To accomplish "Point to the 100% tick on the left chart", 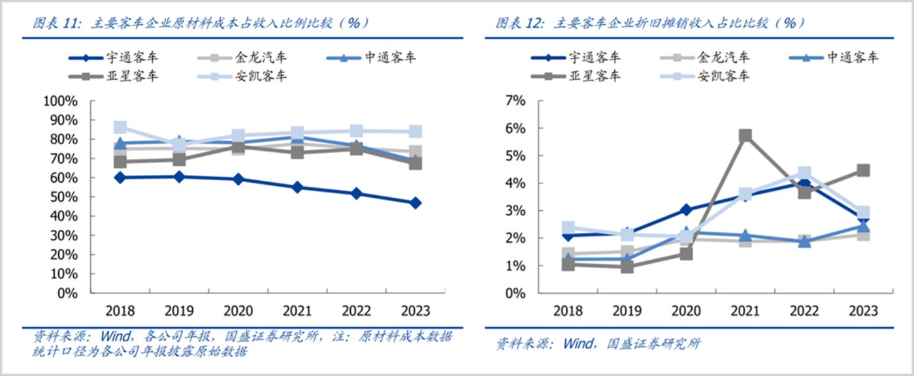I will click(60, 101).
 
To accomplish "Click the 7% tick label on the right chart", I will click(514, 101).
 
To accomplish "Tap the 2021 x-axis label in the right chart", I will click(745, 311).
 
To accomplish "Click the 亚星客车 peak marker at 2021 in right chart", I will click(745, 136).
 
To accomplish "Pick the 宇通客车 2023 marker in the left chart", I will click(416, 203).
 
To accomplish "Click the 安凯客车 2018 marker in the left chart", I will click(120, 127).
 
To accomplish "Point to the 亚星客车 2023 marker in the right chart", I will click(863, 170).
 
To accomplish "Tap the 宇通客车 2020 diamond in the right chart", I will click(686, 210).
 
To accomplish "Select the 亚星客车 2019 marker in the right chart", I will click(627, 266).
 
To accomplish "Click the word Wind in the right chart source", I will click(577, 343).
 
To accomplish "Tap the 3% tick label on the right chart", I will click(514, 211).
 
